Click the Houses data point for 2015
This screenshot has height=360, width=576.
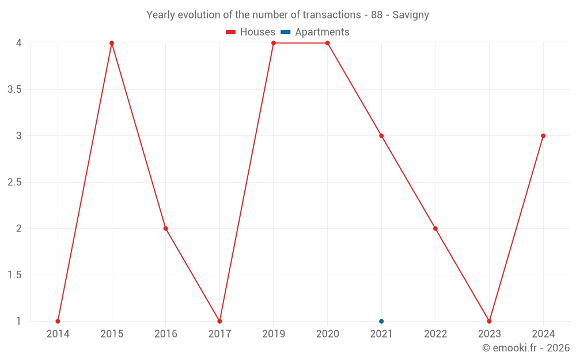pyautogui.click(x=112, y=43)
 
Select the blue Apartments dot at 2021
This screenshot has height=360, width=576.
pyautogui.click(x=381, y=321)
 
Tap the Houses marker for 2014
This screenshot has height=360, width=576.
pyautogui.click(x=58, y=321)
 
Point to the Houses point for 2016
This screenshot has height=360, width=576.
pyautogui.click(x=166, y=229)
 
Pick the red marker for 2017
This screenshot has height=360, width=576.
pyautogui.click(x=219, y=321)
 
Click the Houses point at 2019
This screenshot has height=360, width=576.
pyautogui.click(x=274, y=43)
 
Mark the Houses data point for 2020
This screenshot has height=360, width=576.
pyautogui.click(x=328, y=43)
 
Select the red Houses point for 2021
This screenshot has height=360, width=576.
pyautogui.click(x=381, y=136)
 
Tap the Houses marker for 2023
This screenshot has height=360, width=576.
pyautogui.click(x=489, y=321)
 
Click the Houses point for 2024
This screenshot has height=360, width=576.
pyautogui.click(x=543, y=136)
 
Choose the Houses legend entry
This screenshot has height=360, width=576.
pyautogui.click(x=251, y=32)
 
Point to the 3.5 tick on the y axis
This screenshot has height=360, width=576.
pyautogui.click(x=15, y=89)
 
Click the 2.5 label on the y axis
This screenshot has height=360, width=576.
pyautogui.click(x=15, y=182)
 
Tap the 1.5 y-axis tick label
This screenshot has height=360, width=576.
pyautogui.click(x=15, y=275)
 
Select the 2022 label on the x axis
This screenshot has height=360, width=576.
pyautogui.click(x=435, y=334)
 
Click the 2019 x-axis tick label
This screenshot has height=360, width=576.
pyautogui.click(x=274, y=334)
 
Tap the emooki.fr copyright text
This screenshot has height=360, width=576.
pyautogui.click(x=526, y=348)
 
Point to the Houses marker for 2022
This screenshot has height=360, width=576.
pyautogui.click(x=435, y=229)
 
